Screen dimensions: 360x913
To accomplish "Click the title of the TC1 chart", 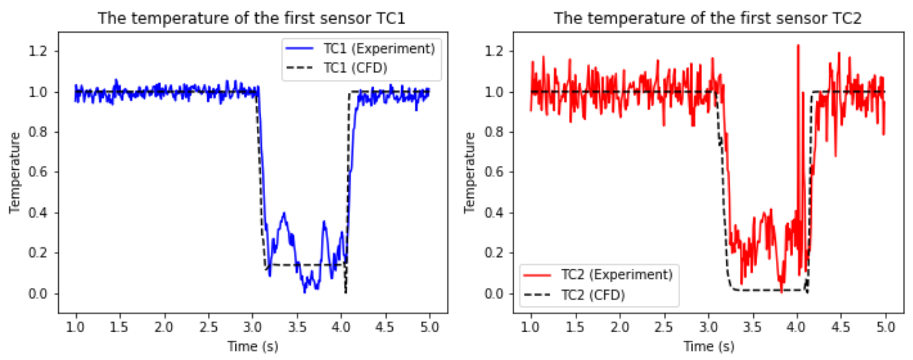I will click(x=251, y=18).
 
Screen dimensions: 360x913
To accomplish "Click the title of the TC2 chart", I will click(x=707, y=18).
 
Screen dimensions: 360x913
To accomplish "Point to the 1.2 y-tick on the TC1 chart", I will click(x=38, y=51).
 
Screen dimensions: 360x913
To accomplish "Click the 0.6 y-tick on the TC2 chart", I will click(x=494, y=172).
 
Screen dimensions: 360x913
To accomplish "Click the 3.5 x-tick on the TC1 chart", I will click(x=297, y=327).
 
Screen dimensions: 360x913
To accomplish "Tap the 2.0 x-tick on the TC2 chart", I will click(x=620, y=327).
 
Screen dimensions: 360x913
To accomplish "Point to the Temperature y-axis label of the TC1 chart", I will click(x=15, y=173).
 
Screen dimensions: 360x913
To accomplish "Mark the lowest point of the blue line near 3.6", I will click(x=305, y=292).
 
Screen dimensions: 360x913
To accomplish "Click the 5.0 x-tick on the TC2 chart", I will click(x=885, y=327).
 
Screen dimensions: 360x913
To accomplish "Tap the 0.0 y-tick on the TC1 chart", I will click(x=38, y=294).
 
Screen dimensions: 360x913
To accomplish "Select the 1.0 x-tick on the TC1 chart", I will click(x=75, y=327).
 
